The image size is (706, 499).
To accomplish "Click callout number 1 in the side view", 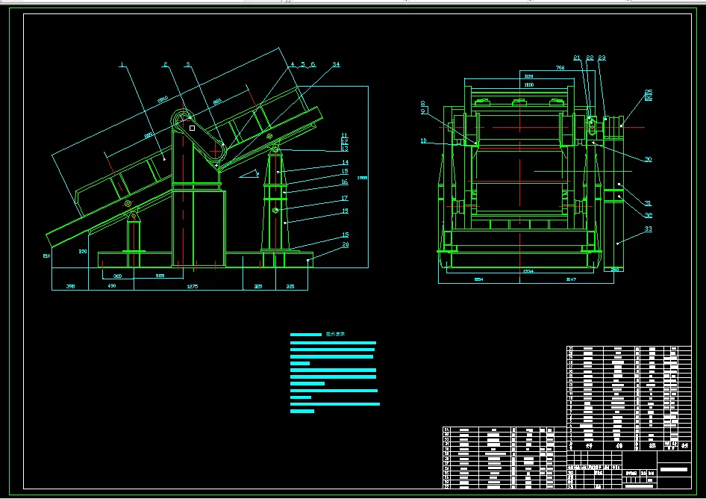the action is pos(122,64).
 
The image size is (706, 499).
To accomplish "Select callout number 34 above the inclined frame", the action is pos(336,65).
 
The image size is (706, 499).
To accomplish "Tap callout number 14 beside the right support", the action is pos(345,162).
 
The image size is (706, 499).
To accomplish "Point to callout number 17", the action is pos(345,199).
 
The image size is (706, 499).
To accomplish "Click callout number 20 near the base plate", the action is pos(345,244).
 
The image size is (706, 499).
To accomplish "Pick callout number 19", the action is pos(345,211).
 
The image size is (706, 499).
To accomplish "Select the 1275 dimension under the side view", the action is pos(191,287).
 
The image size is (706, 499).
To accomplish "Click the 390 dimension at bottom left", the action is pos(71,287).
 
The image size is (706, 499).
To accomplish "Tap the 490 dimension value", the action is pos(111,287).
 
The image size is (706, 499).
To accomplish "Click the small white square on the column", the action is pos(192,128).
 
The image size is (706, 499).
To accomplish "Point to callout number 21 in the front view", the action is pos(577,58).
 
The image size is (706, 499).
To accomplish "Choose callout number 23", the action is pos(602,58).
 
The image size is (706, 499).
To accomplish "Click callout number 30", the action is pos(648,159).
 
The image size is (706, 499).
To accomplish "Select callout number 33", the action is pos(648,229).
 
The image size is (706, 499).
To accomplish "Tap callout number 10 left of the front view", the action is pos(423,140).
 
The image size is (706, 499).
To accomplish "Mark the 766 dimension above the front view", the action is pos(560,68).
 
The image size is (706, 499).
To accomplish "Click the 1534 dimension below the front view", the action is pos(528,271).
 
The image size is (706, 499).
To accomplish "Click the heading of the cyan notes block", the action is pos(334,335).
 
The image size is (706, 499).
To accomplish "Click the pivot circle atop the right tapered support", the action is pos(276,151).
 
